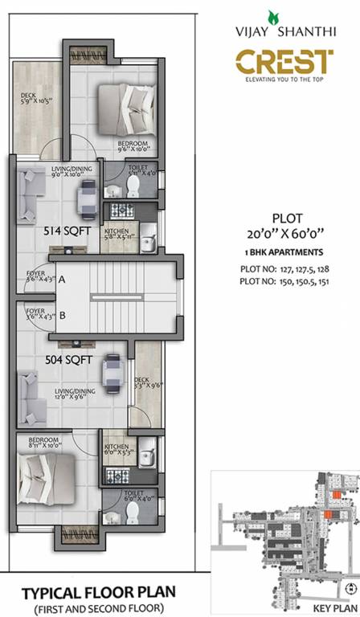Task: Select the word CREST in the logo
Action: (284, 61)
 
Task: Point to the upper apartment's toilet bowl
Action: (134, 187)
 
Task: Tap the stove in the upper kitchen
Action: (121, 210)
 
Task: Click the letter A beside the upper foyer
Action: (61, 280)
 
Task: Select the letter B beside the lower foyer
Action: (61, 316)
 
